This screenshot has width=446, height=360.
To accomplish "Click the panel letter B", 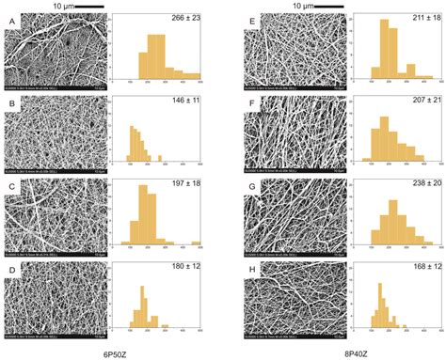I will coord(10,110).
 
